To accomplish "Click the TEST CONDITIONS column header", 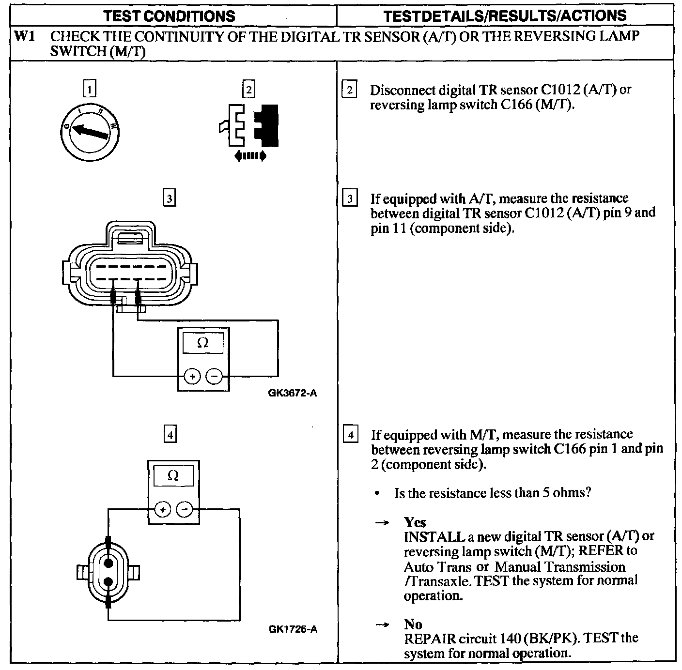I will [x=170, y=15].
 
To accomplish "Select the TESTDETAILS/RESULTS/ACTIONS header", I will [x=505, y=15].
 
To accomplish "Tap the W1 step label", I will [x=25, y=36].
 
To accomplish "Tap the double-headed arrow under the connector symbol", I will [x=249, y=156].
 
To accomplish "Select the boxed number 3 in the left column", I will [x=169, y=198].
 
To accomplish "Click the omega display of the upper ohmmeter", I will [x=203, y=343].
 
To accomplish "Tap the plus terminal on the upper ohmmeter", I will [x=192, y=376].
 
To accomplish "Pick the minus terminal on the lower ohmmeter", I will [x=184, y=509].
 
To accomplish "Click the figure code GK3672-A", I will [x=293, y=393].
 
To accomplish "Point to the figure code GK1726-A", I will [x=293, y=629].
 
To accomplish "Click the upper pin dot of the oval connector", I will [x=108, y=563].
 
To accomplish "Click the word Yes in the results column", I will [x=415, y=522].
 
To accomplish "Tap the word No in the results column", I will [x=413, y=624].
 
